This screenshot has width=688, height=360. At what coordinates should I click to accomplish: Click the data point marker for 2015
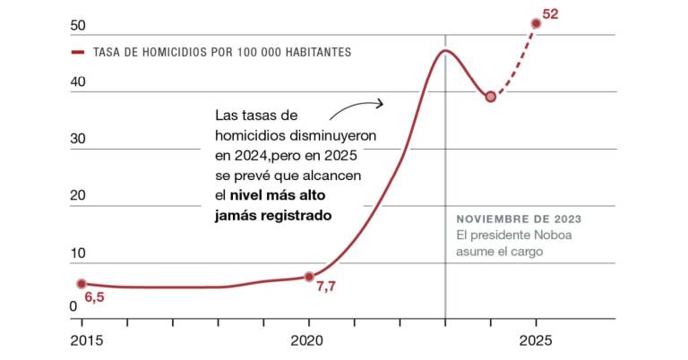[x=82, y=284]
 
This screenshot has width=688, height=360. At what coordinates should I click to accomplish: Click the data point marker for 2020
[x=309, y=277]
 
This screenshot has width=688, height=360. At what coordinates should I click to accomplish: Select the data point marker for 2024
[x=491, y=96]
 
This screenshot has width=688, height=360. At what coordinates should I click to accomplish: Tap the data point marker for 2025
[x=537, y=23]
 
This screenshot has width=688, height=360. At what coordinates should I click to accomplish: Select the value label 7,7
[x=325, y=286]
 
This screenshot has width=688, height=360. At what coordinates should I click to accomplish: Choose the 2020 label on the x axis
[x=309, y=341]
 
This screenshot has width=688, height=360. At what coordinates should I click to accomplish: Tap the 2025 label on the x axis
[x=537, y=341]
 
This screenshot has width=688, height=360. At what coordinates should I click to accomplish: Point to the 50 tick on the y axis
[x=78, y=25]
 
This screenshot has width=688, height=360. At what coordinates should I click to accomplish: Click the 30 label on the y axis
[x=78, y=139]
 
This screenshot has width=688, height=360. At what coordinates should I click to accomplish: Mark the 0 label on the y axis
[x=73, y=307]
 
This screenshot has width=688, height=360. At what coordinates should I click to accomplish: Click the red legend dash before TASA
[x=78, y=52]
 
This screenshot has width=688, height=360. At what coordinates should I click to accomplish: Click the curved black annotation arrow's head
[x=380, y=103]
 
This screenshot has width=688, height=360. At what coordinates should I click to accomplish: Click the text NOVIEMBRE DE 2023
[x=518, y=219]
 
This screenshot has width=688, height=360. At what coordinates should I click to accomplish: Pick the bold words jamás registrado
[x=273, y=215]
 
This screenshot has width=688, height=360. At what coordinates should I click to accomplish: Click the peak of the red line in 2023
[x=444, y=50]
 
